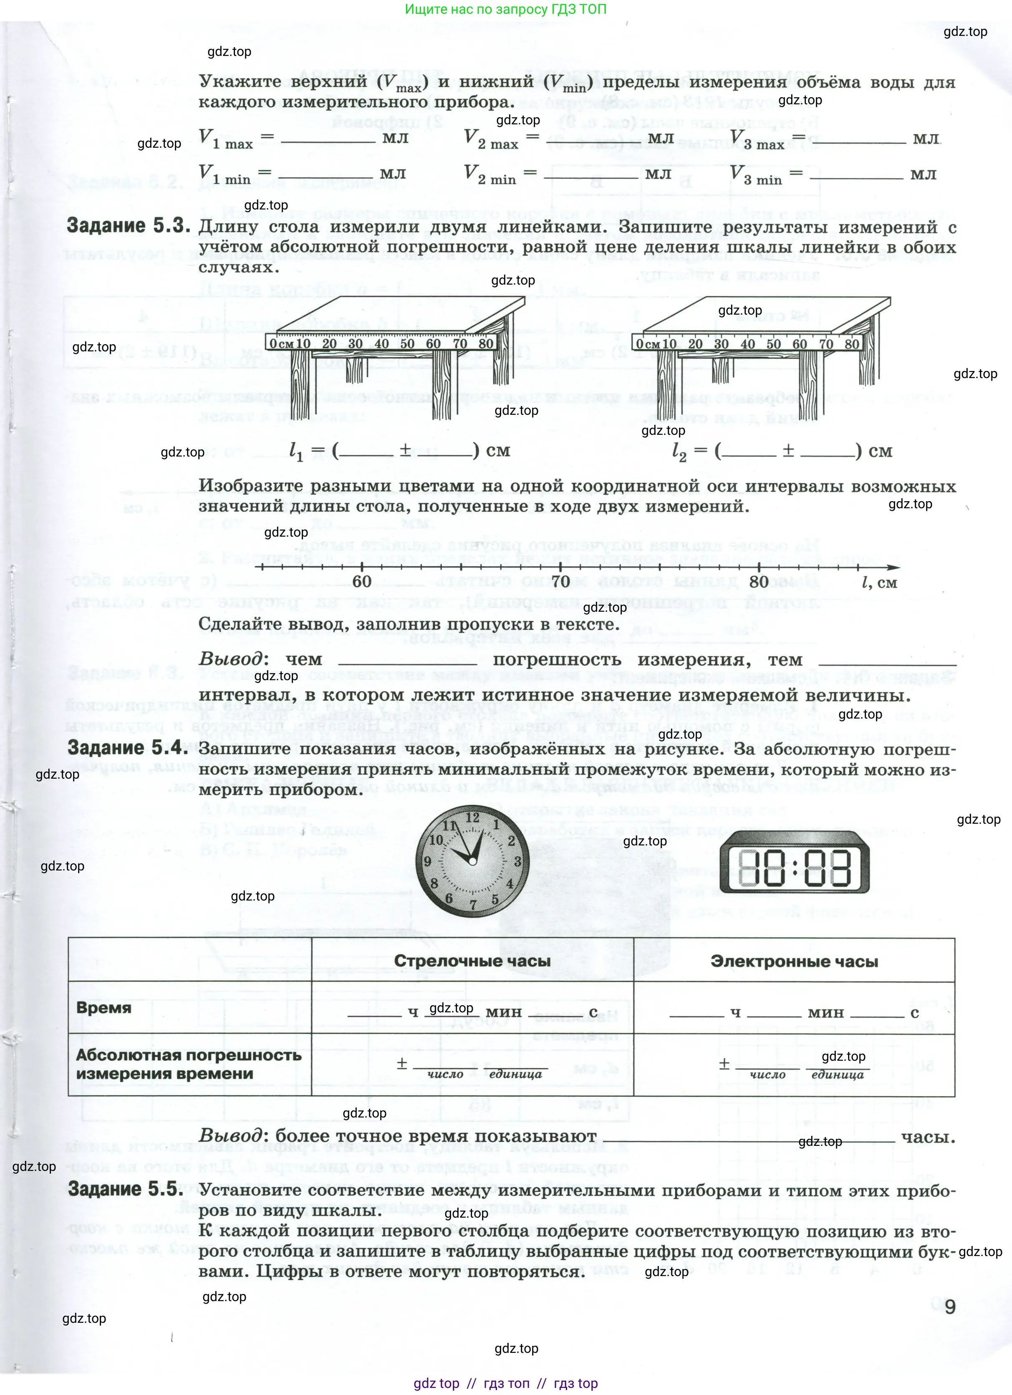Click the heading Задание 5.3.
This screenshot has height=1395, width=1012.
tap(129, 226)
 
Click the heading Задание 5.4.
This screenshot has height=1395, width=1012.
tap(129, 748)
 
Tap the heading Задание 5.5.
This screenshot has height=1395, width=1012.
tap(126, 1189)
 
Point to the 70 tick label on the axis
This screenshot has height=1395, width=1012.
tap(560, 581)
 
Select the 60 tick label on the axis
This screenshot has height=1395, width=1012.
tap(362, 581)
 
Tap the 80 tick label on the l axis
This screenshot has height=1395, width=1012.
tap(759, 581)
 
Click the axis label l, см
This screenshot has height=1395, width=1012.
tap(879, 583)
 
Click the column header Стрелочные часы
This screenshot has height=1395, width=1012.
tap(472, 961)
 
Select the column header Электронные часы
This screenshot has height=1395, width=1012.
tap(794, 961)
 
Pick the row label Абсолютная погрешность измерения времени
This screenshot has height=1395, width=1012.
tap(188, 1064)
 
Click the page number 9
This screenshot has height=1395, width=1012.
tap(950, 1307)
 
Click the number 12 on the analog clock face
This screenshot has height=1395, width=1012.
tap(472, 817)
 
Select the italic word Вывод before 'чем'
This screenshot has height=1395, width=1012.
tap(231, 659)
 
